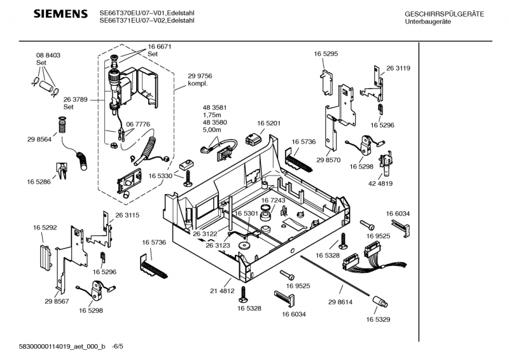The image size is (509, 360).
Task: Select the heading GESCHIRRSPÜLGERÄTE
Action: [x=444, y=14]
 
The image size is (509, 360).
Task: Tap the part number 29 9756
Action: [x=200, y=76]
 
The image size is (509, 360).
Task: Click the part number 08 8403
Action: [x=48, y=56]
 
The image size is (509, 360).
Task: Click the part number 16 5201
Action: [x=269, y=123]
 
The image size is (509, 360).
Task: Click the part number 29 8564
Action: [x=39, y=140]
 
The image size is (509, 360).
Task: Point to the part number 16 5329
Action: [x=378, y=319]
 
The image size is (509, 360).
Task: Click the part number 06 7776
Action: [x=138, y=124]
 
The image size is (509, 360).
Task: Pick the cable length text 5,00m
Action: [x=211, y=130]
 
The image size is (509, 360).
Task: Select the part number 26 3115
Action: [x=127, y=216]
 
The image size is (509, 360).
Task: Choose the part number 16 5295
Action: [x=325, y=55]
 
